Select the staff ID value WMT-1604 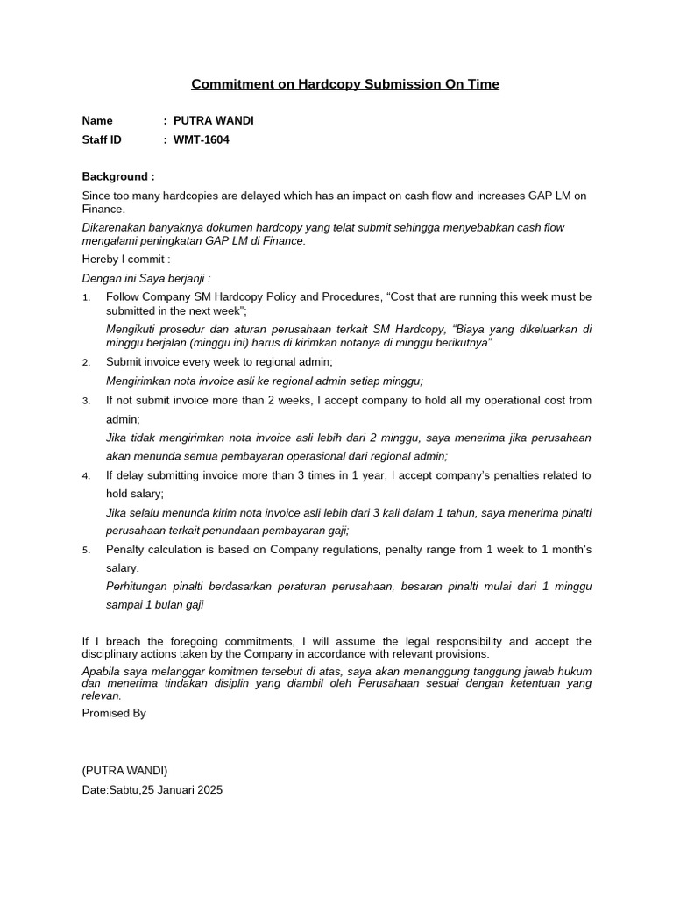201,139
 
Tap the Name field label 97,120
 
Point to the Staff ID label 102,139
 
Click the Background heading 117,176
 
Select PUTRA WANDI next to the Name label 213,120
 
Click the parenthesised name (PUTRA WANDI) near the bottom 124,770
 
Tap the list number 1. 86,297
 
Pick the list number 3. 86,401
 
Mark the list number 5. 86,550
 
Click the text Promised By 114,713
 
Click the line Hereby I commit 125,260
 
